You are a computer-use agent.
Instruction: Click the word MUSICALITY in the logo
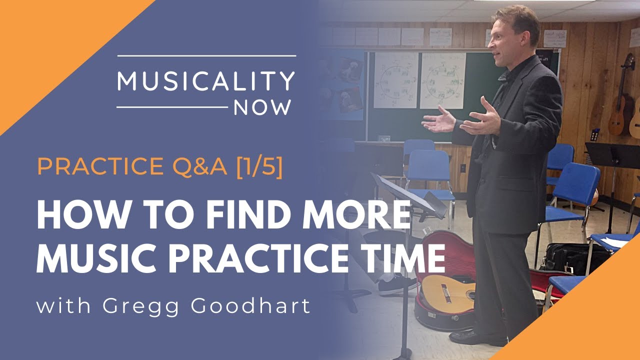tap(206, 81)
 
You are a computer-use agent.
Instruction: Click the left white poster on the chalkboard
tap(395, 80)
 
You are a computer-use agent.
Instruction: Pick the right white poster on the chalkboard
tap(442, 80)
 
